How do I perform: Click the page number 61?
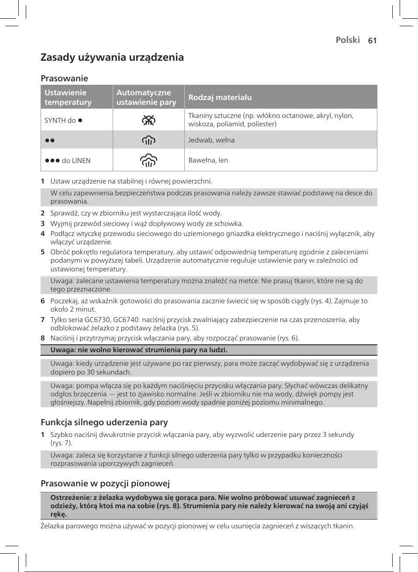[x=372, y=41]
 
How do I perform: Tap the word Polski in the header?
[x=348, y=40]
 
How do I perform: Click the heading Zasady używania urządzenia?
[x=112, y=57]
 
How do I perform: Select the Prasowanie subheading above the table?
[x=64, y=78]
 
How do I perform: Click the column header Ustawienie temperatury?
[x=68, y=97]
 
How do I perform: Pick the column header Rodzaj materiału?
[x=220, y=97]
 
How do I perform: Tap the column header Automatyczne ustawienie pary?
[x=146, y=97]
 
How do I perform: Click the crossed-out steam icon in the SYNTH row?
[x=149, y=120]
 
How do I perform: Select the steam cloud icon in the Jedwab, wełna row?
[x=149, y=140]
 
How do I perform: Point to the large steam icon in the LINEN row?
[x=149, y=160]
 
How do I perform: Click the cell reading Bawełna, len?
[x=208, y=160]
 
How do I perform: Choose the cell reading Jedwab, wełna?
[x=211, y=140]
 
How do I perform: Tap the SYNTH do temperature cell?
[x=64, y=120]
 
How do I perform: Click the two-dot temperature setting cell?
[x=50, y=140]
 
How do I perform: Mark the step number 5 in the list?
[x=43, y=252]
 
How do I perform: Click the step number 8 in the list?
[x=43, y=338]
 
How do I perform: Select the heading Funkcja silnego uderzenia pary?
[x=104, y=422]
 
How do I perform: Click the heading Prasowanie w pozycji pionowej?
[x=105, y=483]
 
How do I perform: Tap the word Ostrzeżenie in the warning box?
[x=70, y=497]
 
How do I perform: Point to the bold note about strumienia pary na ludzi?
[x=139, y=350]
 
